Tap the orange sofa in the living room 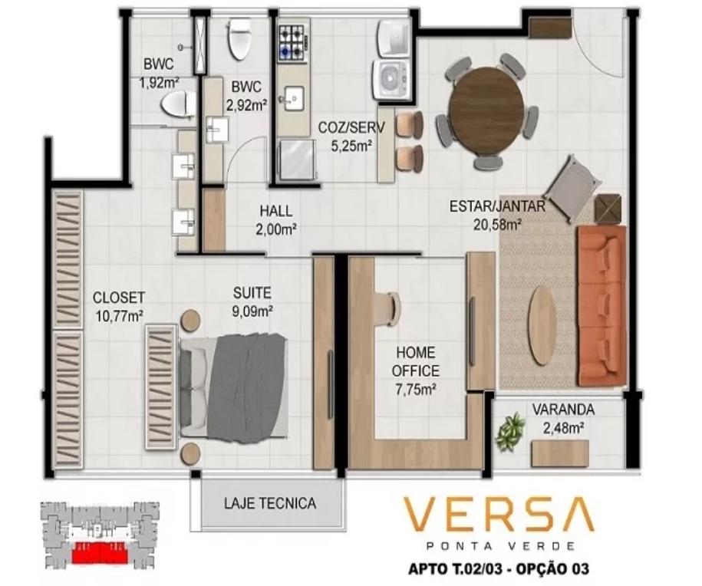[x=601, y=306]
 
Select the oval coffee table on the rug [x=542, y=325]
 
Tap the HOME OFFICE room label [x=415, y=362]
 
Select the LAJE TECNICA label [x=270, y=503]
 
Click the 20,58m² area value [x=498, y=224]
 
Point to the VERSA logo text [x=499, y=514]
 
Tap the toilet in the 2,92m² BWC [x=239, y=38]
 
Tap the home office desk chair [x=390, y=308]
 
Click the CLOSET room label [x=119, y=298]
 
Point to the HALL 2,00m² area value [x=275, y=229]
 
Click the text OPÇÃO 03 [x=552, y=569]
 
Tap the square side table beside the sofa [x=608, y=209]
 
